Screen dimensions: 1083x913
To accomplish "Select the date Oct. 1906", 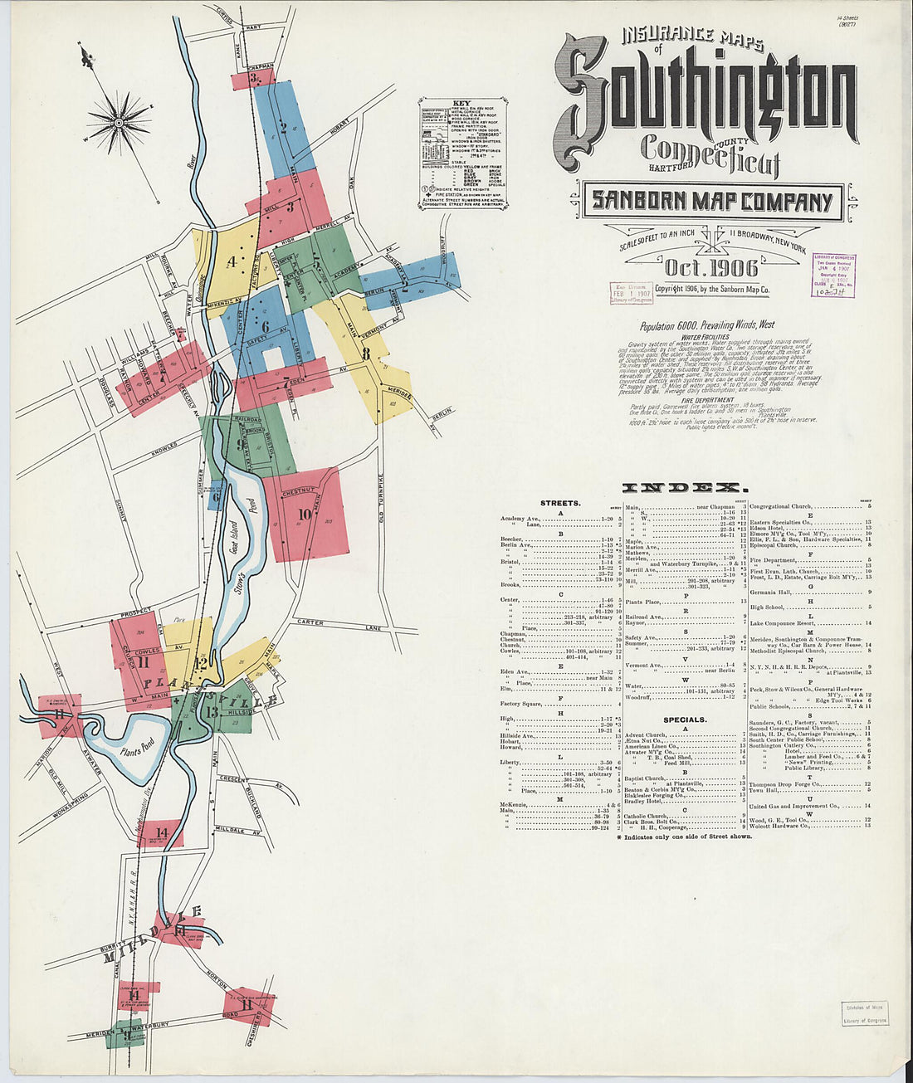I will tap(710, 267).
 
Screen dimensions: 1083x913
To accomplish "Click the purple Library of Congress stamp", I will tap(833, 276).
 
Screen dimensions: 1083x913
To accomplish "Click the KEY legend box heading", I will tap(461, 105).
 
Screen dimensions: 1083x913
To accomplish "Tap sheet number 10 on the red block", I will tap(305, 515).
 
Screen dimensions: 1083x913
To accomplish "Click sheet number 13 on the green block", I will tap(212, 712).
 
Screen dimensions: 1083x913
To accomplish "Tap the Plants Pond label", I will tap(135, 752).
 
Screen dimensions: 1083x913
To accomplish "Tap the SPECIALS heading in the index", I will tap(685, 720).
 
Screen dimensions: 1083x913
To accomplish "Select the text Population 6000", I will tap(668, 326).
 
